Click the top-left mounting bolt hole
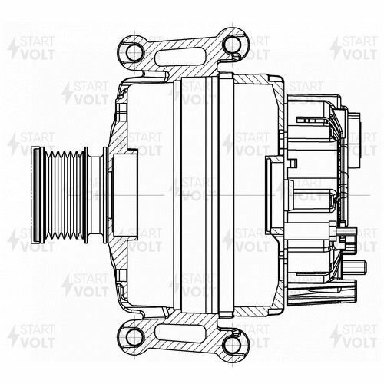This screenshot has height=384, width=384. coord(135,51)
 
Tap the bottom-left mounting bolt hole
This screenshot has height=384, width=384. coord(135,336)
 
